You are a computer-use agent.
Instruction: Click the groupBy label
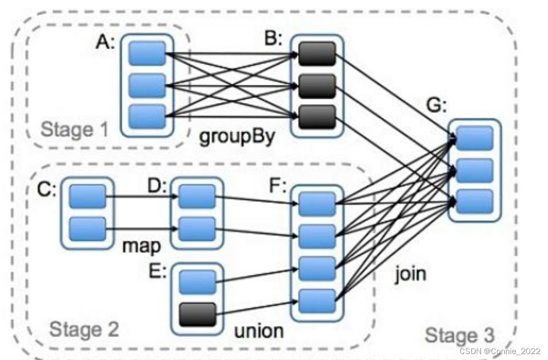(236, 137)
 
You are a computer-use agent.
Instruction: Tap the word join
(410, 274)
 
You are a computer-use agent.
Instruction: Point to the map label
(142, 245)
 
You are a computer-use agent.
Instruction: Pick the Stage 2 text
(84, 328)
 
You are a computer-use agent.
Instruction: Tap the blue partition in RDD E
(197, 282)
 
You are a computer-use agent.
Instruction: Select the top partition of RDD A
(147, 54)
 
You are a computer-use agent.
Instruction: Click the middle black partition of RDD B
(317, 85)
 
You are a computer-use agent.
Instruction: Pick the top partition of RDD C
(87, 197)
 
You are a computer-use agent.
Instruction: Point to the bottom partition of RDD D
(197, 229)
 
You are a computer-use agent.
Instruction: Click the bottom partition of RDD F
(317, 299)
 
